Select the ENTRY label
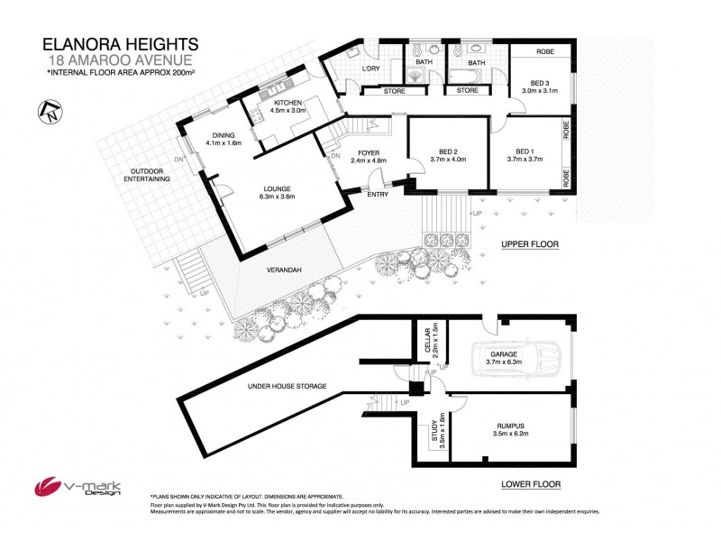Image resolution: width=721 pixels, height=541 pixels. [377, 194]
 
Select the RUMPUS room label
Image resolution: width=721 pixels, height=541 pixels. [509, 430]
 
